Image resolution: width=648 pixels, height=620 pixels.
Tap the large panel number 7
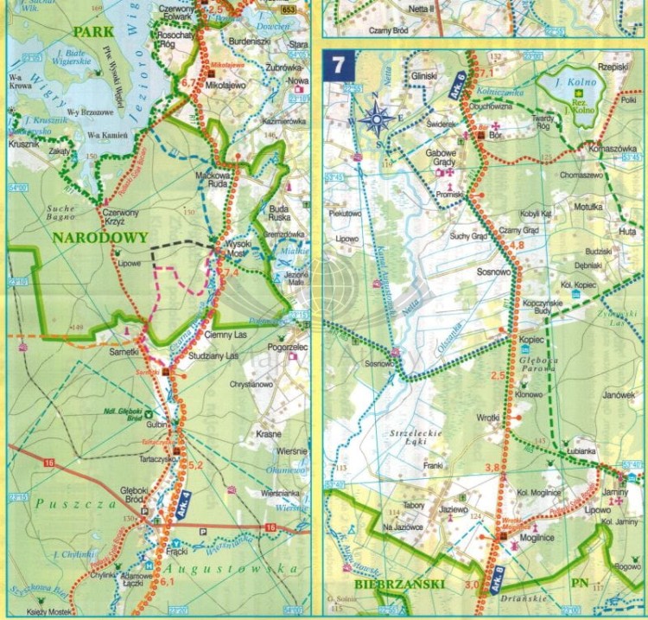click(336, 64)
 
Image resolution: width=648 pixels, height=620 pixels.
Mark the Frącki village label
click(178, 550)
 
